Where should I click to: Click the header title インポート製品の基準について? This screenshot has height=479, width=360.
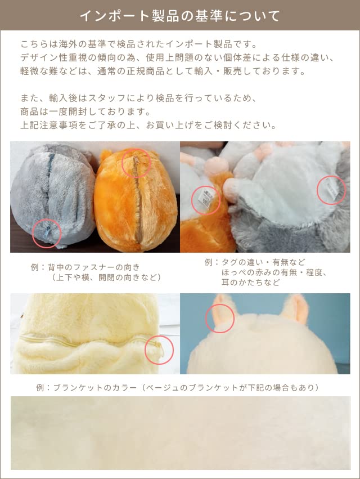pyautogui.click(x=179, y=15)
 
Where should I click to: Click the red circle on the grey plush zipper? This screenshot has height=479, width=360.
pyautogui.click(x=47, y=234)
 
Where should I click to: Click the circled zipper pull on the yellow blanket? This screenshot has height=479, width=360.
pyautogui.click(x=159, y=351)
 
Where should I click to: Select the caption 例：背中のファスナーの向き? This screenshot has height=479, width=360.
pyautogui.click(x=85, y=267)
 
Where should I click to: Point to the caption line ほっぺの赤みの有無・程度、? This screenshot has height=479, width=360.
pyautogui.click(x=274, y=272)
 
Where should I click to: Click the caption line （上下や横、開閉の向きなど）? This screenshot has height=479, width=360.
pyautogui.click(x=106, y=277)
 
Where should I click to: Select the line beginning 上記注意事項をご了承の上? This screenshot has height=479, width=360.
pyautogui.click(x=148, y=125)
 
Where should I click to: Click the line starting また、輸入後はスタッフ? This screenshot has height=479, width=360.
pyautogui.click(x=138, y=98)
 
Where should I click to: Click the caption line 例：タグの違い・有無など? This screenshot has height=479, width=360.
pyautogui.click(x=255, y=262)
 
